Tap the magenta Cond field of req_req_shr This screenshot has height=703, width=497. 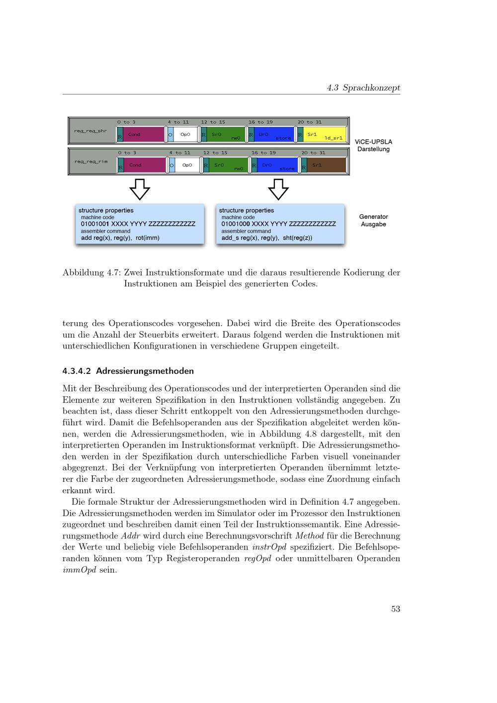click(141, 135)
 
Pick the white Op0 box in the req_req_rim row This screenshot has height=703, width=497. click(187, 165)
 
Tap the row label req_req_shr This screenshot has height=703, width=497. click(90, 131)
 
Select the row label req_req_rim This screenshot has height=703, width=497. click(90, 162)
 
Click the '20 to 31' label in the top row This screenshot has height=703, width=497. click(309, 122)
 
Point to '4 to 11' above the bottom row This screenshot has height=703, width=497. click(179, 153)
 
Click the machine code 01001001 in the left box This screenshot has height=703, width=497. click(95, 224)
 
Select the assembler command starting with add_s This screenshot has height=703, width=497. click(267, 238)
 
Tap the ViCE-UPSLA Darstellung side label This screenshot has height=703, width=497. click(373, 145)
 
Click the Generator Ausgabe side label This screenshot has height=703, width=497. click(373, 220)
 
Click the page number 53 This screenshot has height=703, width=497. click(396, 609)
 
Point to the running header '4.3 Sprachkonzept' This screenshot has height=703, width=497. click(363, 88)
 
